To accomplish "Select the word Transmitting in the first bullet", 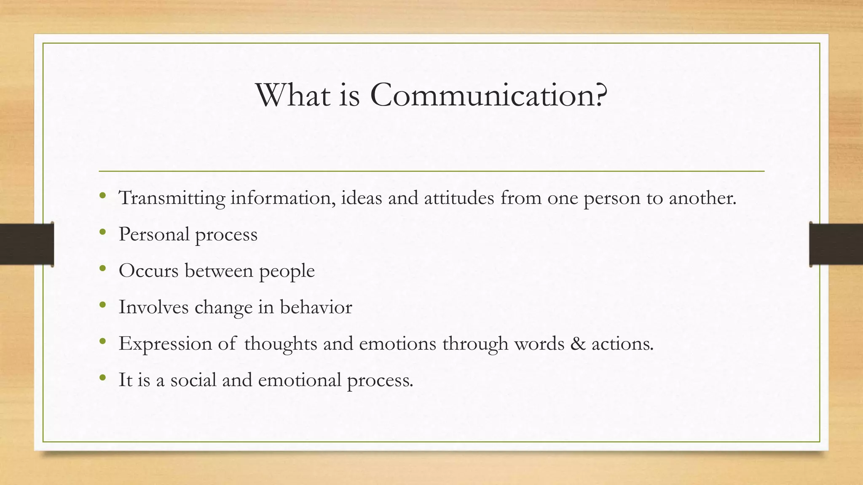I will tap(172, 198).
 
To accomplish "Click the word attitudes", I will tap(459, 198).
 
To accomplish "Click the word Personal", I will tap(154, 234).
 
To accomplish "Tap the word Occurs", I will tap(148, 271).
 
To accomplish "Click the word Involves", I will tap(153, 307).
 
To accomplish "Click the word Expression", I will tap(165, 344).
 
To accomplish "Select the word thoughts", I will tap(280, 344).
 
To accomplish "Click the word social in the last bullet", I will tap(193, 380).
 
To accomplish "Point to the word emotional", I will tap(300, 380).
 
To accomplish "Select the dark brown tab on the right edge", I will tap(836, 244).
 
